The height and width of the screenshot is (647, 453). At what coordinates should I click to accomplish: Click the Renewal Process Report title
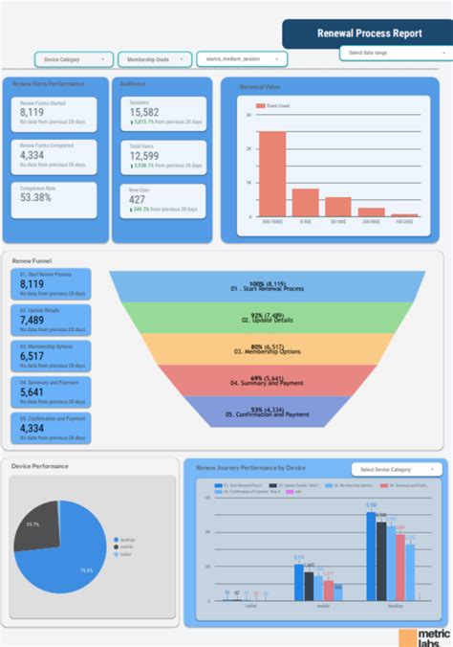(x=369, y=33)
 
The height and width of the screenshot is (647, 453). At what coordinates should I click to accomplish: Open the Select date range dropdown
(x=394, y=53)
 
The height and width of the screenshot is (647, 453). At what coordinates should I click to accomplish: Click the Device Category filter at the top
(x=75, y=59)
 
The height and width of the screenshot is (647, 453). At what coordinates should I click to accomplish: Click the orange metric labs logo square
(x=407, y=637)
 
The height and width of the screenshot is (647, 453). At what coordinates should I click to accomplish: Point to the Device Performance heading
(x=40, y=466)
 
